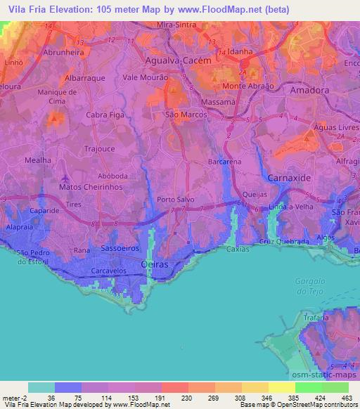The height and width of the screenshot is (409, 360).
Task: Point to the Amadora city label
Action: pos(309,91)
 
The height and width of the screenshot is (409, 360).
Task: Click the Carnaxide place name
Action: pos(288,178)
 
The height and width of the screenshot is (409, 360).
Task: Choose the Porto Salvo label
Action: pos(176,199)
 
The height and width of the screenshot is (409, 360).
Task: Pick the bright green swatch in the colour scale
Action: pos(309,387)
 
